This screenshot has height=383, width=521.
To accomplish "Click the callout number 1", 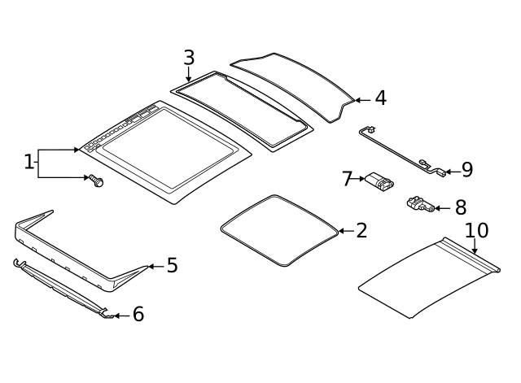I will coord(29,163).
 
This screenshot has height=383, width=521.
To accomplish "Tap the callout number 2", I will coord(361,231).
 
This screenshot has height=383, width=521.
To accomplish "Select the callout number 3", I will coord(189,59).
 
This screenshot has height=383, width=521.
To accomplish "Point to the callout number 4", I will coord(380,98).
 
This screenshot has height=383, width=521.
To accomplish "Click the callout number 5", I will coord(172,266).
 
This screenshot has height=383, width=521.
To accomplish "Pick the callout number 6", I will coord(138,315).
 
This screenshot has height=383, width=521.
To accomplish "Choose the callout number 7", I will coord(347,179).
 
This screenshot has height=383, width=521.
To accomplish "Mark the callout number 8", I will coord(460,207).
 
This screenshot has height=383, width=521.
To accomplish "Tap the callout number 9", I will coord(466,170).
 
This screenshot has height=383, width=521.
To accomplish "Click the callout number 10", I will coord(477,231).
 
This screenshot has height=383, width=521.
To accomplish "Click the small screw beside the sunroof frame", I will coord(96,181).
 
